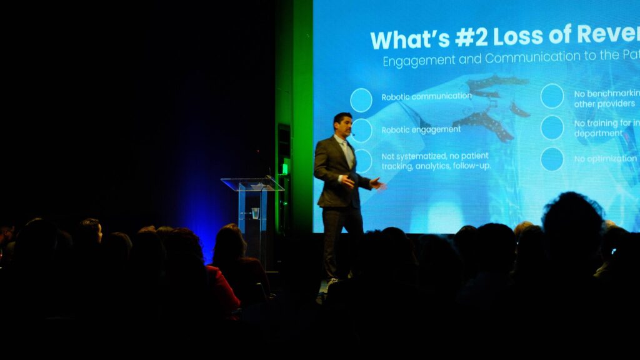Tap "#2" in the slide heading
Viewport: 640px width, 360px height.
[471, 38]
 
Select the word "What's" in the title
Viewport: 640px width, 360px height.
[409, 39]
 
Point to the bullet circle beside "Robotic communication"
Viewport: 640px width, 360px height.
[361, 100]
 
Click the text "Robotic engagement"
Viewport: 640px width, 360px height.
[421, 129]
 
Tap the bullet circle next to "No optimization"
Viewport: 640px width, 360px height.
[552, 159]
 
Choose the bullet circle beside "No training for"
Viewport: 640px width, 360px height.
[552, 127]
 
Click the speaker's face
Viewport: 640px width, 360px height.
[343, 125]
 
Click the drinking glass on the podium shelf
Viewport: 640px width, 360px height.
[255, 213]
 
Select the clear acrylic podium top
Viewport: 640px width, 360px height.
[252, 184]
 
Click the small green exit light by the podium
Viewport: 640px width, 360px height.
[285, 167]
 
